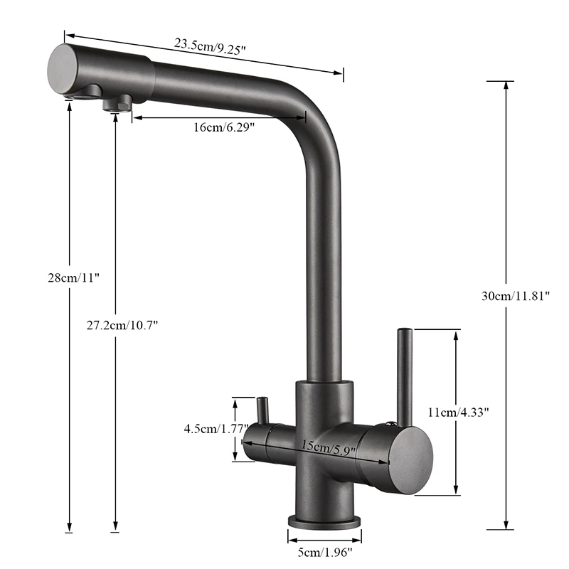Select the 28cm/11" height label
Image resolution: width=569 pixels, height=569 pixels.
(x=69, y=277)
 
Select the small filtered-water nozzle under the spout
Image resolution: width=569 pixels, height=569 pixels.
(x=117, y=103)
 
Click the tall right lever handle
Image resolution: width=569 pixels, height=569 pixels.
(x=404, y=377)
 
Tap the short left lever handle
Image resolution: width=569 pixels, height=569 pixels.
(x=262, y=411)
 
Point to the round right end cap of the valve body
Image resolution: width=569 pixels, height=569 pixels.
(x=411, y=455)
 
